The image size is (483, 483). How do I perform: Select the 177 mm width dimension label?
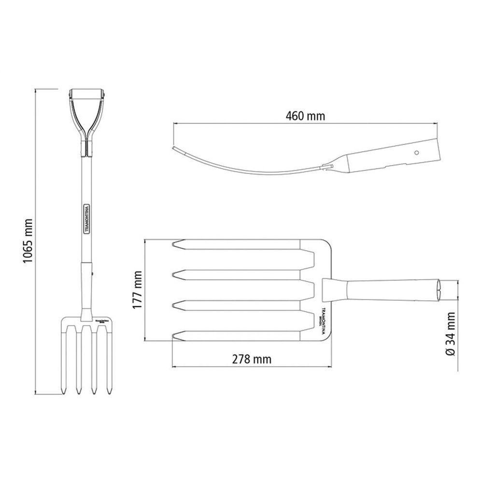pos(138,290)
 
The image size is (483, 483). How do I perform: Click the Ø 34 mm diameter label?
pos(450,334)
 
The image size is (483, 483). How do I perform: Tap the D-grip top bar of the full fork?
pos(87,93)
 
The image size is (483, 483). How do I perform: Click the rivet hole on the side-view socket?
pos(415,152)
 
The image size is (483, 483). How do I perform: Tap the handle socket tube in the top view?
pos(386,290)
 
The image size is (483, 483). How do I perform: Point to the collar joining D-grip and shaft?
pos(87,147)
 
